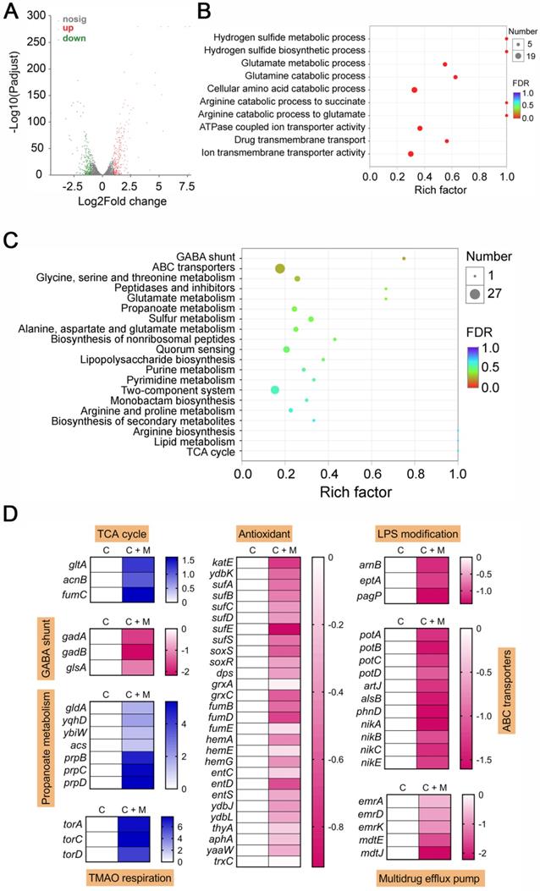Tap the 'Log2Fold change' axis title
(107, 202)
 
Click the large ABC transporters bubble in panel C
(279, 268)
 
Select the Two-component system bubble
(274, 389)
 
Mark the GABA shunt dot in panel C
(404, 258)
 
